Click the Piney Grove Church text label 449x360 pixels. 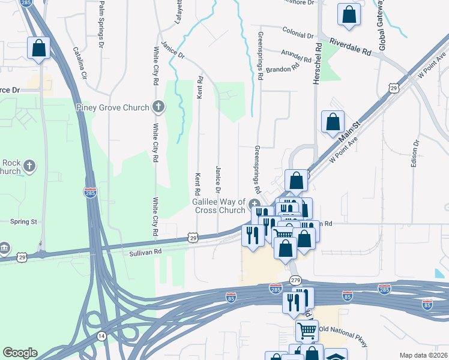tap(112, 108)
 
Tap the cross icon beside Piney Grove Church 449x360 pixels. tap(159, 108)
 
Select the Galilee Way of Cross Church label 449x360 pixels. tap(218, 206)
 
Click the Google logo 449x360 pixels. tap(20, 353)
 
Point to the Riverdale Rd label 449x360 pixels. tap(350, 47)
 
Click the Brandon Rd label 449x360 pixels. tap(282, 69)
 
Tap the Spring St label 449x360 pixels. tap(24, 221)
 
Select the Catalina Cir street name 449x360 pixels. tap(80, 64)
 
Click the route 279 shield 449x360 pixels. tap(295, 280)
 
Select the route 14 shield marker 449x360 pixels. tap(101, 336)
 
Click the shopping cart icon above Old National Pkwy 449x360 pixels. tap(307, 331)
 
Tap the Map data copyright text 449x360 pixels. tap(423, 355)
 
